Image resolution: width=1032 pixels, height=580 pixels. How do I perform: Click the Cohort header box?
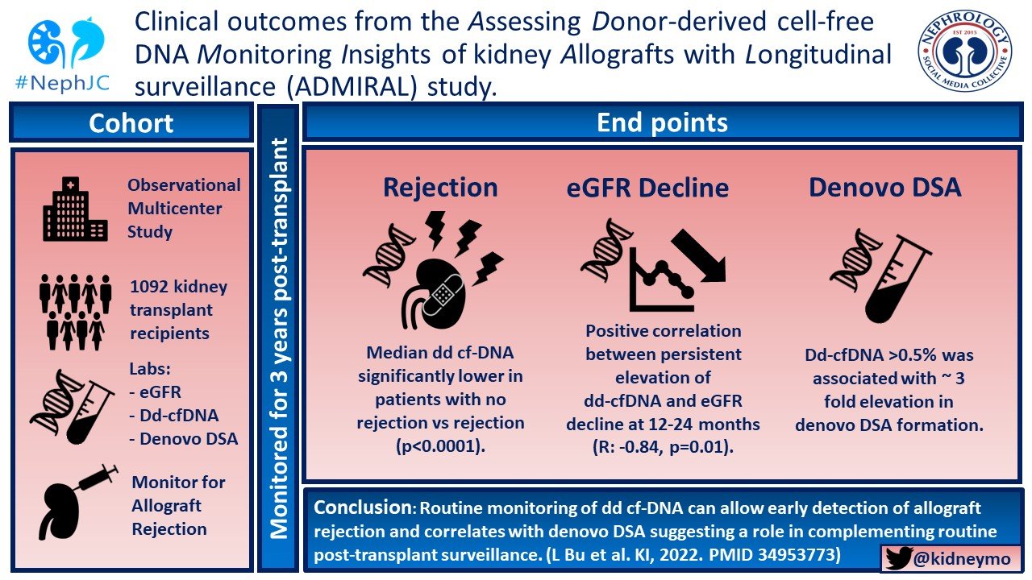click(131, 123)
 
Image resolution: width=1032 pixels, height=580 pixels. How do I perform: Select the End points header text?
click(662, 122)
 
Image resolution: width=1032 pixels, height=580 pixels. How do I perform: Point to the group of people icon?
click(75, 310)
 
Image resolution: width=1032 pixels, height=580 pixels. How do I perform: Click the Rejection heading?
click(440, 187)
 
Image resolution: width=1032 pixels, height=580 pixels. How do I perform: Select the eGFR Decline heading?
click(647, 188)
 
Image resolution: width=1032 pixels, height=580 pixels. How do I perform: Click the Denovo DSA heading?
click(885, 187)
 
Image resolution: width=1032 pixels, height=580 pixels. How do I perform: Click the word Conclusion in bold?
click(362, 508)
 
